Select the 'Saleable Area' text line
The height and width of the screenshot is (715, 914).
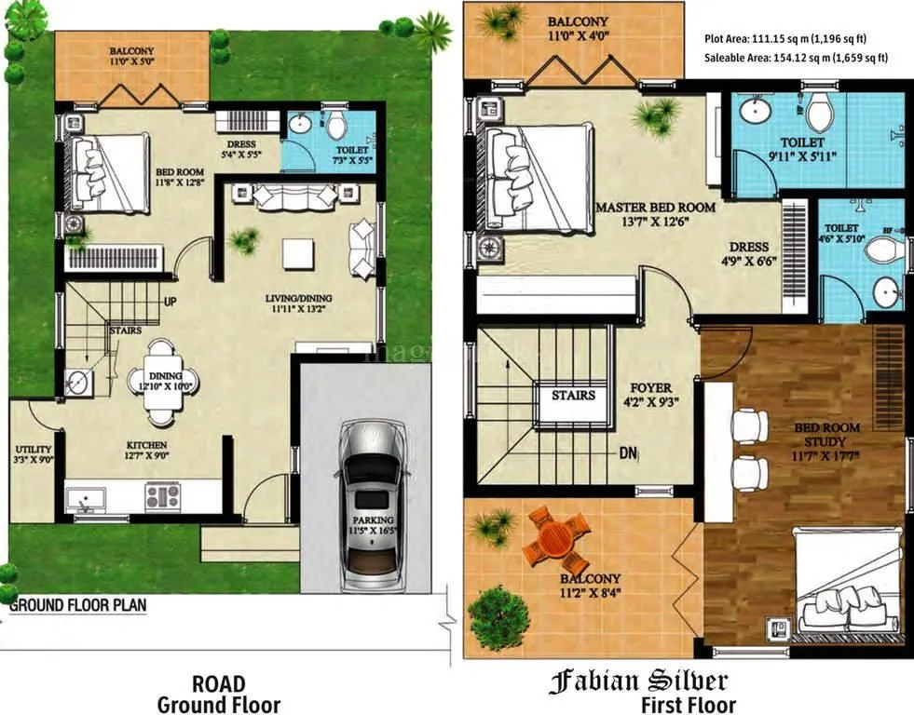tap(797, 58)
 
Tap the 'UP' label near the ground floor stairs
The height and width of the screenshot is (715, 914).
tap(171, 303)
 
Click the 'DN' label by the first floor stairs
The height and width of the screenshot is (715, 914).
tap(628, 453)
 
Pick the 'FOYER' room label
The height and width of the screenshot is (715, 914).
tap(650, 388)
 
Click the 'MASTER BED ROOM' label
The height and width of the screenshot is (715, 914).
tap(656, 207)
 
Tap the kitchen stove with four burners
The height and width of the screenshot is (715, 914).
tap(161, 495)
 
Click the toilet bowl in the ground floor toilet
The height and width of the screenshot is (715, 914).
tap(334, 125)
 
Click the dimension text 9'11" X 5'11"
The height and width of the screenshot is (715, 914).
tap(802, 156)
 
